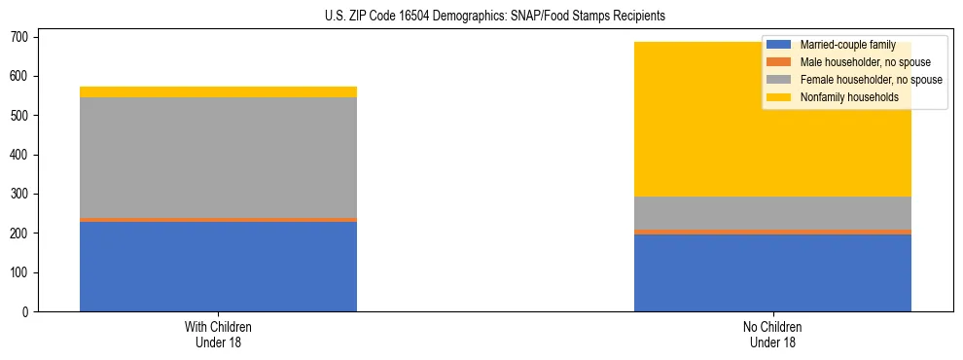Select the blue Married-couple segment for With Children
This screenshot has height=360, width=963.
[218, 267]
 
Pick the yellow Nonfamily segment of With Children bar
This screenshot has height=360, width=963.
[218, 91]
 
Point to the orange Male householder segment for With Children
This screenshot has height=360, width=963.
[218, 220]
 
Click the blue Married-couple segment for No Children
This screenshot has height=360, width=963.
[772, 272]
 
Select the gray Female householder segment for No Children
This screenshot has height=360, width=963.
[772, 213]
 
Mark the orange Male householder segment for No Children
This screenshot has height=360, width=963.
[772, 232]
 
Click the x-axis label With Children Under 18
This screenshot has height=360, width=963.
[218, 334]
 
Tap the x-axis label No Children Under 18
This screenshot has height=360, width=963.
[772, 334]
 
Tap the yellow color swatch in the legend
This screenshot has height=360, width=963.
[779, 97]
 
